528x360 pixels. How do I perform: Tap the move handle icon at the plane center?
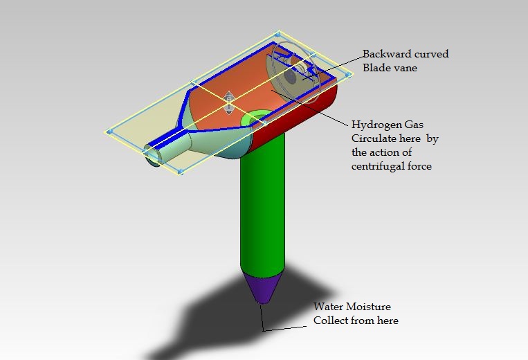pyautogui.click(x=228, y=103)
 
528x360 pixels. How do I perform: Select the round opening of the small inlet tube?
pyautogui.click(x=152, y=157)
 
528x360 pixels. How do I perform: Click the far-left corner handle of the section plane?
pyautogui.click(x=108, y=131)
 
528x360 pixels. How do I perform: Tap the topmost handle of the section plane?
pyautogui.click(x=277, y=33)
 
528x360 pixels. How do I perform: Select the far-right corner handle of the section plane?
pyautogui.click(x=350, y=73)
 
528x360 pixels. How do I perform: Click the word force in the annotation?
pyautogui.click(x=419, y=166)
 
